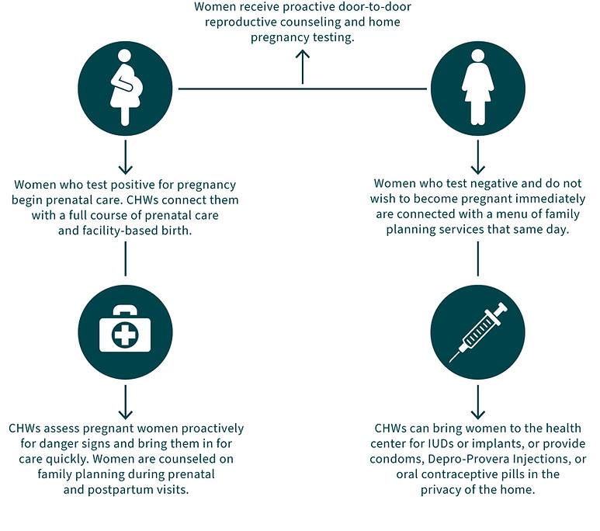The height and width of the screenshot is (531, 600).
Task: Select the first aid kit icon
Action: (x=124, y=330)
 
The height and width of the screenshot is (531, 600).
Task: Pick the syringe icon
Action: (x=477, y=334)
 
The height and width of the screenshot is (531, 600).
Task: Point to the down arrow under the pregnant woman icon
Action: (x=124, y=161)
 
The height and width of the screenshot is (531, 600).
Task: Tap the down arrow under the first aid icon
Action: (x=124, y=404)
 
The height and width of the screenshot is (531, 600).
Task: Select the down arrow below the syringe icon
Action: (x=477, y=404)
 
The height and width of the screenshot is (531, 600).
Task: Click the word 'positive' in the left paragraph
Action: (x=127, y=186)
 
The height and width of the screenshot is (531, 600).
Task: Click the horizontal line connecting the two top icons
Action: (x=233, y=89)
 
